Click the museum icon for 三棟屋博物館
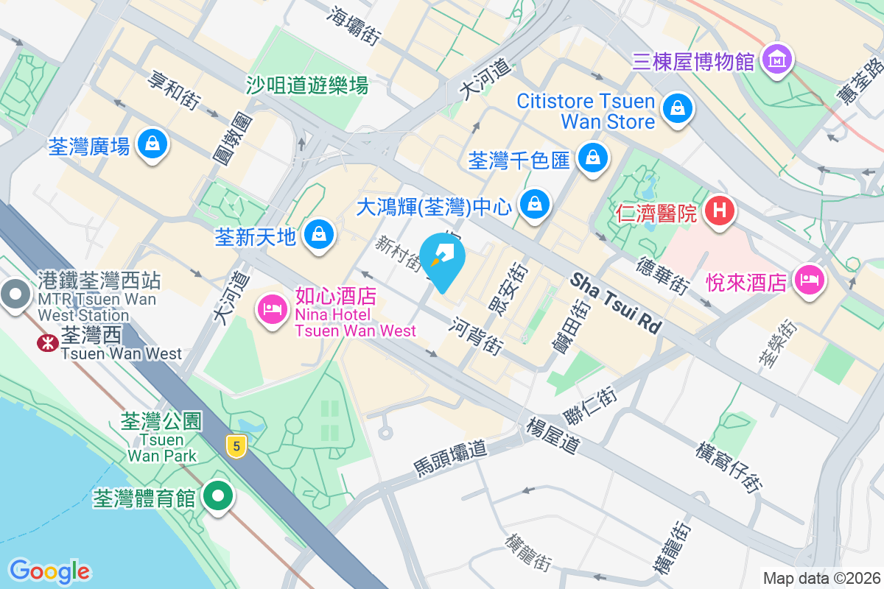click(x=777, y=59)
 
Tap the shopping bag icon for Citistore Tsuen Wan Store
click(x=676, y=109)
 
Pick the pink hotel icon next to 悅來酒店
click(x=810, y=280)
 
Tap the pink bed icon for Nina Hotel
click(x=273, y=308)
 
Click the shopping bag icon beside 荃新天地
click(x=318, y=235)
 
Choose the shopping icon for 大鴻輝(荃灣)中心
click(x=535, y=204)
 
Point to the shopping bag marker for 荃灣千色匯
click(x=592, y=157)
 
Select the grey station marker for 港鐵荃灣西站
click(x=14, y=294)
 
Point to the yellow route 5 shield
click(x=235, y=446)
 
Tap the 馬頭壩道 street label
click(x=450, y=457)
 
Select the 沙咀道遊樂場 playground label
click(x=307, y=85)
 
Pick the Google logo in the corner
click(x=49, y=571)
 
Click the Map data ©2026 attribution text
click(x=821, y=578)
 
